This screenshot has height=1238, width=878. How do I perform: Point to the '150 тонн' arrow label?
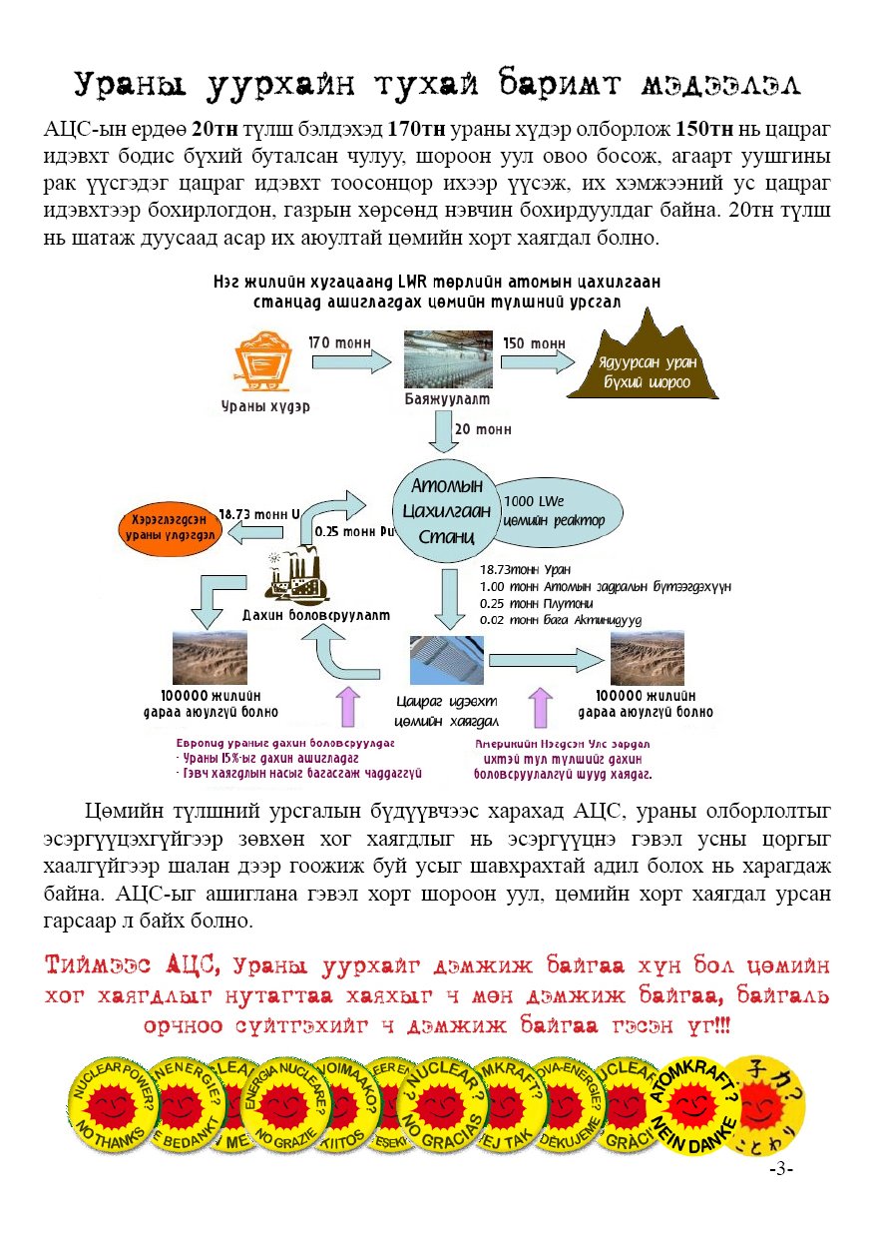click(x=534, y=343)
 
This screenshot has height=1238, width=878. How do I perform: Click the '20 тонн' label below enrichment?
click(x=483, y=429)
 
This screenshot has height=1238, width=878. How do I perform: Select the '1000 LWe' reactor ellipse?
click(x=561, y=509)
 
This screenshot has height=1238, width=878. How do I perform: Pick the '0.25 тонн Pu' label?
click(x=349, y=531)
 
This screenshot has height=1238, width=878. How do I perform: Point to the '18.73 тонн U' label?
click(x=258, y=514)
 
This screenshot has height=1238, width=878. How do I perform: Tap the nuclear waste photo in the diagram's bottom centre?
click(x=446, y=659)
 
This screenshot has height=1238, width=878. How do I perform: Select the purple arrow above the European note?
click(x=348, y=707)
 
